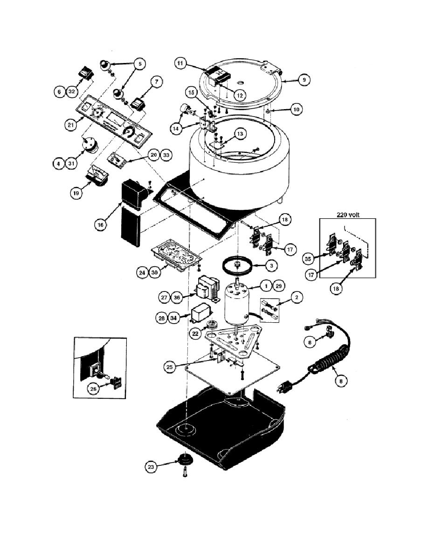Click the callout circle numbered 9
click(x=304, y=80)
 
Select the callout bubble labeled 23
click(x=151, y=467)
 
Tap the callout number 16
click(x=100, y=225)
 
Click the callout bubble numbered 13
click(x=240, y=134)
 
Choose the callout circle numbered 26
click(x=93, y=389)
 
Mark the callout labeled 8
click(x=341, y=381)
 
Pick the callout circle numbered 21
click(x=70, y=125)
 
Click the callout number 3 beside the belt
click(x=271, y=265)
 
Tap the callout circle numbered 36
click(x=177, y=298)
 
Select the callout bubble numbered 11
click(x=180, y=63)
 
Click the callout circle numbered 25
click(x=169, y=367)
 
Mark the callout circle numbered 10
click(x=296, y=110)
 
